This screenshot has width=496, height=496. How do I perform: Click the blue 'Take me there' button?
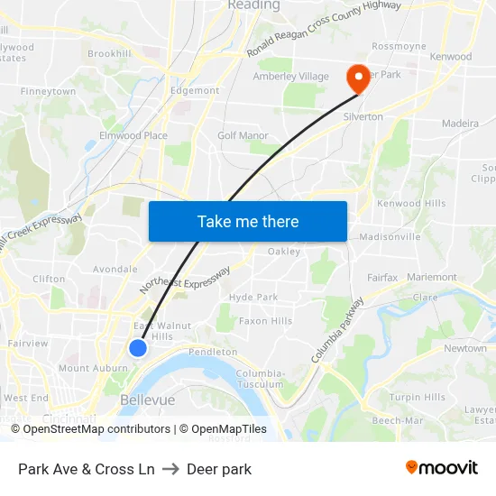click(x=248, y=221)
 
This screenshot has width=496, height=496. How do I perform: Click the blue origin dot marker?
click(x=137, y=347)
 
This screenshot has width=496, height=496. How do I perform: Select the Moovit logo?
click(x=442, y=467)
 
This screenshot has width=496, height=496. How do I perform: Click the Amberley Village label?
click(x=291, y=77)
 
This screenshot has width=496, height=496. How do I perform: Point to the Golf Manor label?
click(x=243, y=135)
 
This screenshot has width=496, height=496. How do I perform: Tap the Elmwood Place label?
click(x=134, y=135)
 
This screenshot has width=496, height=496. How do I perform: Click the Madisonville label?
click(x=390, y=236)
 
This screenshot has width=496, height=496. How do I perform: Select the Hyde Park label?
click(x=253, y=297)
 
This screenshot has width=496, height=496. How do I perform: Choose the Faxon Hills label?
click(x=265, y=320)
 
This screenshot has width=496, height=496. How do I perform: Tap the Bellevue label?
click(x=147, y=399)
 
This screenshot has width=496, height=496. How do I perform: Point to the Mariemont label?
click(x=431, y=277)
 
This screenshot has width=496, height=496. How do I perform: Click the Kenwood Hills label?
click(x=411, y=204)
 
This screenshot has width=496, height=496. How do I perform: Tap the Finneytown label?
click(x=48, y=91)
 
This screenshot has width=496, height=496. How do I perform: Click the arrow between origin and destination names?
click(x=170, y=469)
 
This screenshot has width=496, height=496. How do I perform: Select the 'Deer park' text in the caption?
click(x=219, y=469)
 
